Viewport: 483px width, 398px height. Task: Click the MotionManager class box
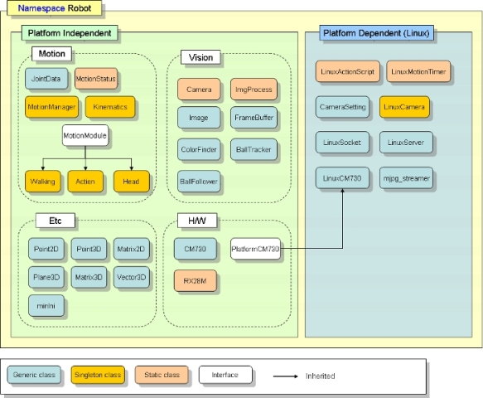(x=51, y=107)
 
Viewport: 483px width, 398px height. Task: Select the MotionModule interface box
(x=85, y=135)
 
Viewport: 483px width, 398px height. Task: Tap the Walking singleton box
(x=43, y=182)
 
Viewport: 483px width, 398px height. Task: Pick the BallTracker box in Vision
(x=254, y=149)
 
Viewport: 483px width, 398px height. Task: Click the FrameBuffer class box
(x=254, y=118)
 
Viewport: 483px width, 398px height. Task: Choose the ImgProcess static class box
(x=254, y=90)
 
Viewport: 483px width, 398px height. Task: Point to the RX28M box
(x=196, y=281)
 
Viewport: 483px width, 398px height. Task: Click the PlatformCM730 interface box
(x=255, y=249)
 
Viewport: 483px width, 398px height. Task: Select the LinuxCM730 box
(x=342, y=178)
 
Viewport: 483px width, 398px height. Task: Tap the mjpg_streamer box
(x=406, y=178)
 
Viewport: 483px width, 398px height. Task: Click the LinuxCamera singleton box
(x=404, y=107)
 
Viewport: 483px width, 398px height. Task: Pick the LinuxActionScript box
(x=347, y=71)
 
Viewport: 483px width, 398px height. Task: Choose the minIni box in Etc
(x=46, y=305)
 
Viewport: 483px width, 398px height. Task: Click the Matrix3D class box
(x=89, y=277)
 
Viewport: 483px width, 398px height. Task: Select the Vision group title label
(x=200, y=57)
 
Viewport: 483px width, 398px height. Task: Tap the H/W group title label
(x=197, y=221)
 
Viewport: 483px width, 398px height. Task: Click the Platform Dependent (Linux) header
(x=376, y=33)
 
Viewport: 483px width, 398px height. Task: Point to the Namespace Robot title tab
(x=54, y=8)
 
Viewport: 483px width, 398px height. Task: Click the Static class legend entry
(x=162, y=375)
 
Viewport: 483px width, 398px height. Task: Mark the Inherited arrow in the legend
(x=286, y=376)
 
